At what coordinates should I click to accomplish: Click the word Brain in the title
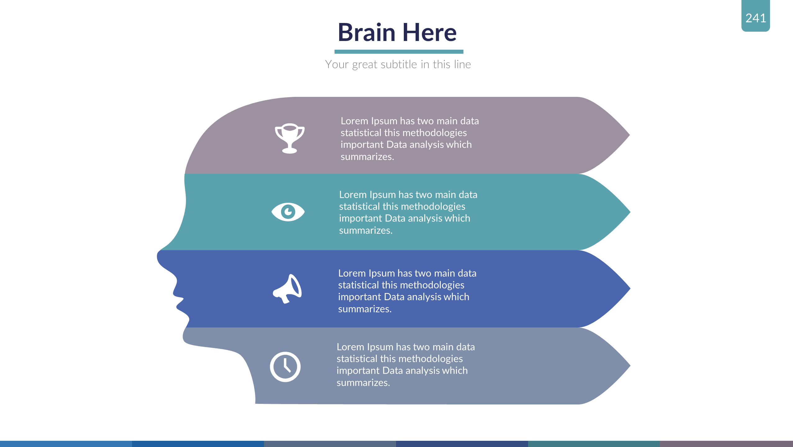pyautogui.click(x=367, y=33)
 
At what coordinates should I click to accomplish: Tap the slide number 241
pyautogui.click(x=755, y=18)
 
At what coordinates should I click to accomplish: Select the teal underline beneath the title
pyautogui.click(x=399, y=52)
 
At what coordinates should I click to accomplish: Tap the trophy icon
pyautogui.click(x=289, y=138)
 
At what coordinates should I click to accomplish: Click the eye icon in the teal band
pyautogui.click(x=288, y=212)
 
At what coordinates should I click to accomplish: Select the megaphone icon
pyautogui.click(x=288, y=289)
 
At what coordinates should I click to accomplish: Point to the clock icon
pyautogui.click(x=285, y=367)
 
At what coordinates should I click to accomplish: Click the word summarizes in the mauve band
pyautogui.click(x=367, y=157)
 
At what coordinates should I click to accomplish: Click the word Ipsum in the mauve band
pyautogui.click(x=384, y=121)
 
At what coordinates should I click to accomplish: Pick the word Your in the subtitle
pyautogui.click(x=337, y=64)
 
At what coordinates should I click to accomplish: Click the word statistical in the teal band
pyautogui.click(x=359, y=206)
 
